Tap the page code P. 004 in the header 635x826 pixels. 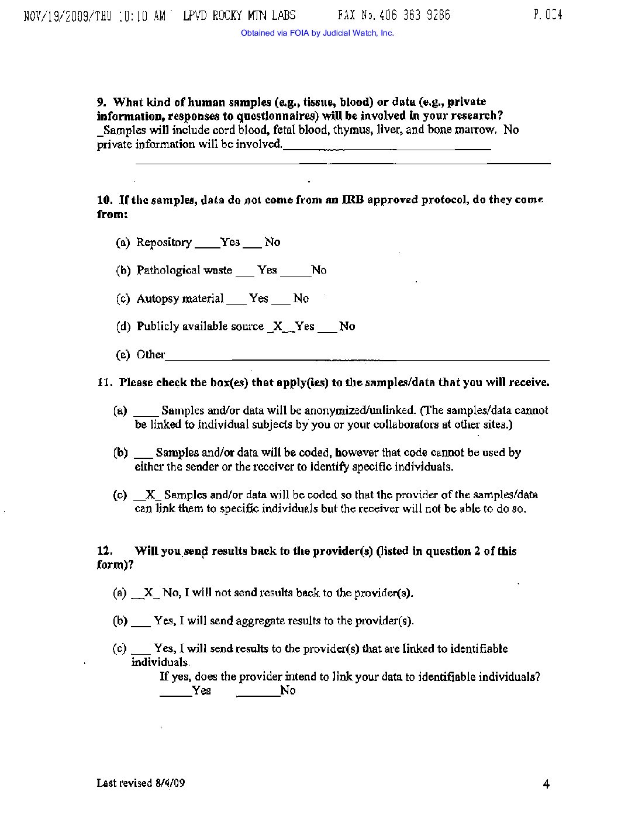[x=547, y=15]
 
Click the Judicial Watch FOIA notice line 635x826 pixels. [x=317, y=33]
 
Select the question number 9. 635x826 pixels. [x=101, y=102]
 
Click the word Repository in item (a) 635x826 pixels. [x=164, y=243]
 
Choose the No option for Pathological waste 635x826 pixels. [x=319, y=270]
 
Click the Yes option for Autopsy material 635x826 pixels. [x=258, y=299]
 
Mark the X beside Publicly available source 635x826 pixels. [x=278, y=326]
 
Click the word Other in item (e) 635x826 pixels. [x=150, y=354]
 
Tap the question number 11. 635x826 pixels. [x=103, y=383]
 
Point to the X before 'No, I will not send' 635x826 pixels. [x=149, y=593]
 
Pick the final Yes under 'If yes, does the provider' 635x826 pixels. [x=201, y=691]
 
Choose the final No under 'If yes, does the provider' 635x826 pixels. [x=288, y=691]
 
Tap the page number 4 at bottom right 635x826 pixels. [x=546, y=784]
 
